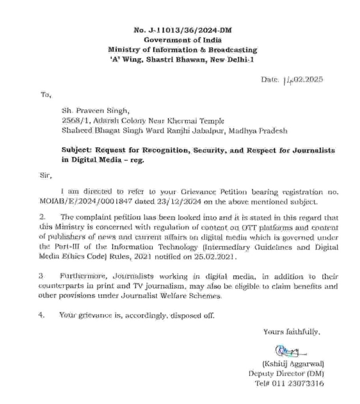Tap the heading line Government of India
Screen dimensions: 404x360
[x=182, y=40]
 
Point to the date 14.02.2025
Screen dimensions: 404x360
[x=303, y=80]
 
